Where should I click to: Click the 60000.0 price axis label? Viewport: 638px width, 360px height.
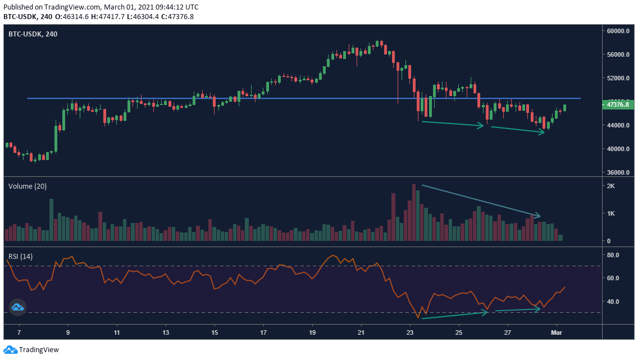click(618, 31)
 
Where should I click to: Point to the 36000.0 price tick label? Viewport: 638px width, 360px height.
click(618, 172)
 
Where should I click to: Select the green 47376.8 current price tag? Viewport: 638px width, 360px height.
click(618, 104)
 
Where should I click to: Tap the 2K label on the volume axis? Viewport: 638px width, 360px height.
click(611, 186)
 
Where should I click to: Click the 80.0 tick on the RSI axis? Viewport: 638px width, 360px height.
click(613, 255)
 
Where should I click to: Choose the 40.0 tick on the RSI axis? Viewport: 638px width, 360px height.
click(613, 302)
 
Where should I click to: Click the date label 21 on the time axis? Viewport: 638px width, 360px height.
click(361, 332)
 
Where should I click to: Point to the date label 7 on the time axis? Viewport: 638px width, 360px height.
click(19, 332)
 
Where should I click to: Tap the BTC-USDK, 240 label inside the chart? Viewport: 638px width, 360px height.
click(33, 34)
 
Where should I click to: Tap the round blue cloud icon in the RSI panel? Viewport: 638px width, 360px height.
click(17, 307)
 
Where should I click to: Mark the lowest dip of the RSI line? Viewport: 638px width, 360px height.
click(418, 318)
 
